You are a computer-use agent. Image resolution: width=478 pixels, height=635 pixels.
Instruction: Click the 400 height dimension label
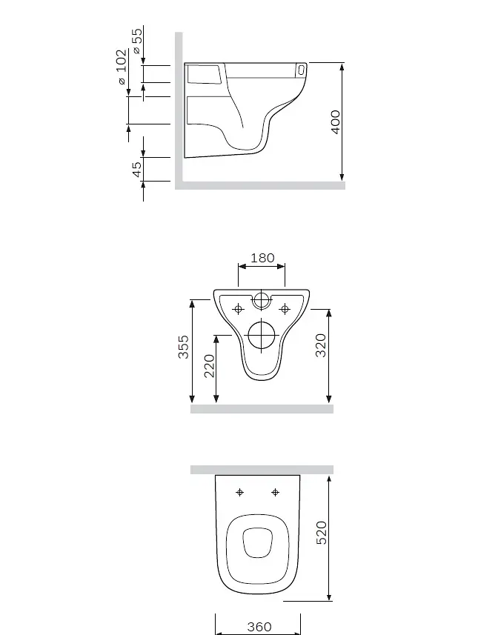(336, 122)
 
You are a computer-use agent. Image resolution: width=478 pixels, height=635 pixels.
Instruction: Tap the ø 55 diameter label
(137, 41)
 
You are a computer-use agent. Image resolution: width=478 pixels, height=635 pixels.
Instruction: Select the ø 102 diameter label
(122, 67)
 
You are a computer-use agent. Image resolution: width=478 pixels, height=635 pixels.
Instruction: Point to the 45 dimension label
(137, 169)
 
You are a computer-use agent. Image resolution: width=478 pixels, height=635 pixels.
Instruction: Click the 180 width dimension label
(262, 258)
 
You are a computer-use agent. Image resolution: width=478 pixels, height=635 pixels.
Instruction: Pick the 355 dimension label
(184, 347)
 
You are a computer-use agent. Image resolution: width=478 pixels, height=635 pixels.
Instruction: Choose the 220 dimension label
(209, 366)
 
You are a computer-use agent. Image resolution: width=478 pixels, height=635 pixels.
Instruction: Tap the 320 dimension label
(320, 345)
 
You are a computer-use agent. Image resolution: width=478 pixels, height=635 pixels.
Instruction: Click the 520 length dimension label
(321, 533)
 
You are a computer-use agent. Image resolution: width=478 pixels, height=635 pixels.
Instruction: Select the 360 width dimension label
(259, 627)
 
